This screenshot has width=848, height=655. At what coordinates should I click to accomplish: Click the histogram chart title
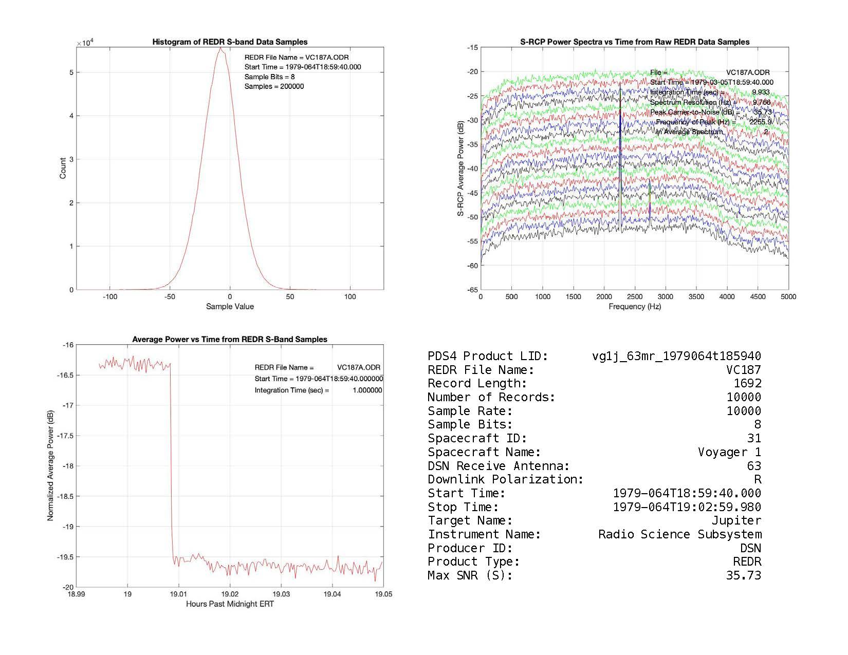point(230,42)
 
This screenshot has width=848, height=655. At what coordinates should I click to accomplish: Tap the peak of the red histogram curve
point(220,48)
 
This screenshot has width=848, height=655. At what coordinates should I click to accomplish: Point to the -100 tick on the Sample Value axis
point(109,296)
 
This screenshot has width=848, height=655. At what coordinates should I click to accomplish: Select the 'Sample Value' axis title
point(230,307)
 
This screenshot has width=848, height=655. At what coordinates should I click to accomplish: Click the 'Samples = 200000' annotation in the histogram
point(274,86)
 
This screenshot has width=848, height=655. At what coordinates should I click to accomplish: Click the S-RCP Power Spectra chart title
point(635,42)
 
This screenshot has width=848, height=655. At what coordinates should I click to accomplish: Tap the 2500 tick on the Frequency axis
point(635,296)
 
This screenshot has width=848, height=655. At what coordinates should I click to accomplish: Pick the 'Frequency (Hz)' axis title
point(635,307)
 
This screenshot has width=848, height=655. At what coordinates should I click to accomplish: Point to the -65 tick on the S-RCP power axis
point(472,290)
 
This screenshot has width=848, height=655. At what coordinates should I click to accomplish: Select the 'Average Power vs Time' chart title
point(230,340)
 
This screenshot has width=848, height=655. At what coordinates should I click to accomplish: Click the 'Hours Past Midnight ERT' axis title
point(230,604)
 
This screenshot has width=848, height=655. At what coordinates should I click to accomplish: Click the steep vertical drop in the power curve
point(171,462)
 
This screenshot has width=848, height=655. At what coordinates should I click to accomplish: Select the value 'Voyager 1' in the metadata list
point(729,452)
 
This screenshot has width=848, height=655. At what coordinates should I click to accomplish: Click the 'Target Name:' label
point(470,521)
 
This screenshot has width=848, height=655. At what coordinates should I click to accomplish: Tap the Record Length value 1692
point(747,383)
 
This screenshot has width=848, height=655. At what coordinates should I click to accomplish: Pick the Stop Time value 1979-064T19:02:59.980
point(687,507)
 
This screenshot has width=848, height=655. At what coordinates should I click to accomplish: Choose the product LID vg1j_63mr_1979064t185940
point(676,356)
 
